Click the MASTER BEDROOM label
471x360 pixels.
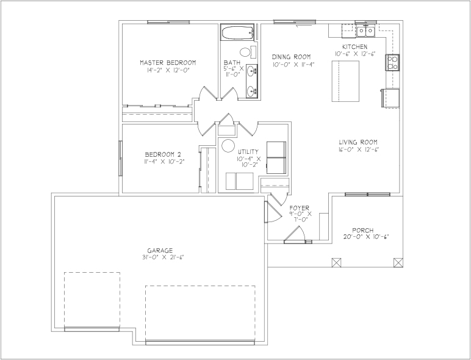168,63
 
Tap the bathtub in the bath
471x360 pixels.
237,32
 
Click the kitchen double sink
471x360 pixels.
365,31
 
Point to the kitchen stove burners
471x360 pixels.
392,62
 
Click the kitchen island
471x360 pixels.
345,81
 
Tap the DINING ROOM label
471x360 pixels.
291,57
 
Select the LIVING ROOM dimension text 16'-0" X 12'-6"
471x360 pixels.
359,149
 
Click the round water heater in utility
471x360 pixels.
228,146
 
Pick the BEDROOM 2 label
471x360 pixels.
163,155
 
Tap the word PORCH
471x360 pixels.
363,231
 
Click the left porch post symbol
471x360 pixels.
336,262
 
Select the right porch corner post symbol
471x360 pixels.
398,262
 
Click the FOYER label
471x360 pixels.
299,208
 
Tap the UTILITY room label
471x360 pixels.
248,152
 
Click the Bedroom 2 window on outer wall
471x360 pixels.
120,158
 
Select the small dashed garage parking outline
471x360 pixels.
92,300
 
